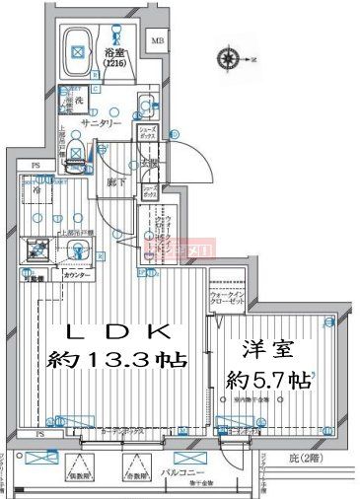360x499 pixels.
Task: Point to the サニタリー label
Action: (x=102, y=124)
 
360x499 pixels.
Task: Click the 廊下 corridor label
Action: (x=113, y=182)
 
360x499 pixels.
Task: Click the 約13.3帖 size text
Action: (x=111, y=361)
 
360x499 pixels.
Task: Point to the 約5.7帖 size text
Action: (x=268, y=378)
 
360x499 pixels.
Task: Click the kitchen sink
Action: (x=78, y=252)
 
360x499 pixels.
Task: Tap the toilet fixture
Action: (x=146, y=107)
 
